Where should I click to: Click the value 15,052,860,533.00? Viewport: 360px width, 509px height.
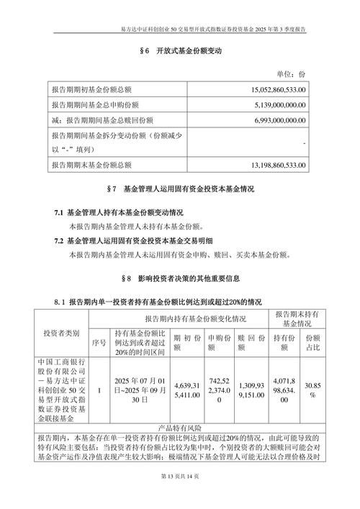269,89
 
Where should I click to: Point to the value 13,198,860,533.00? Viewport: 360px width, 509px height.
269,166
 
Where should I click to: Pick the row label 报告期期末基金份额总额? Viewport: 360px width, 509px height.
91,166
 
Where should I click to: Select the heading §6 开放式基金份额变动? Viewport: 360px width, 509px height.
179,52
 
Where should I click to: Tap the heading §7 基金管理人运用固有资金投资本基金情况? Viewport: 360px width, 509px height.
179,189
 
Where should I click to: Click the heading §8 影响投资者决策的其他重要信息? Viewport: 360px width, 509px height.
179,278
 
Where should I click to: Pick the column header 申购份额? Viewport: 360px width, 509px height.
220,341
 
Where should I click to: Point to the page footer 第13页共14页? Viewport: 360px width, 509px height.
179,497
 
